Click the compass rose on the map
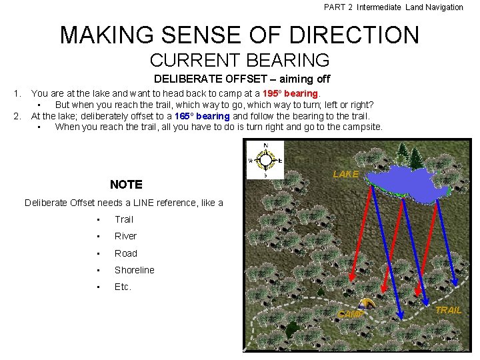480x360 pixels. (265, 160)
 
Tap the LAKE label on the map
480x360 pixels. (345, 174)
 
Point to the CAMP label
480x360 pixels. (351, 314)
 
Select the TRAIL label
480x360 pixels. (448, 310)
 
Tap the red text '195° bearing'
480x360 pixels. (292, 94)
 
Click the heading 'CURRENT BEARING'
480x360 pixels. (239, 60)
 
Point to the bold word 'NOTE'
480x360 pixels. (126, 185)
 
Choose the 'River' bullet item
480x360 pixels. (125, 236)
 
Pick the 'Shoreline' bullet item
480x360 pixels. (134, 270)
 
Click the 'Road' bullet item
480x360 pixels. (125, 253)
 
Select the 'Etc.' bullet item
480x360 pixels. (123, 287)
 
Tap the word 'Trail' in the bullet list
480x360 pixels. (124, 219)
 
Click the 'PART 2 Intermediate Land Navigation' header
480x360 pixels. (393, 7)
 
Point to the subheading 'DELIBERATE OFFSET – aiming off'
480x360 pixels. (237, 79)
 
